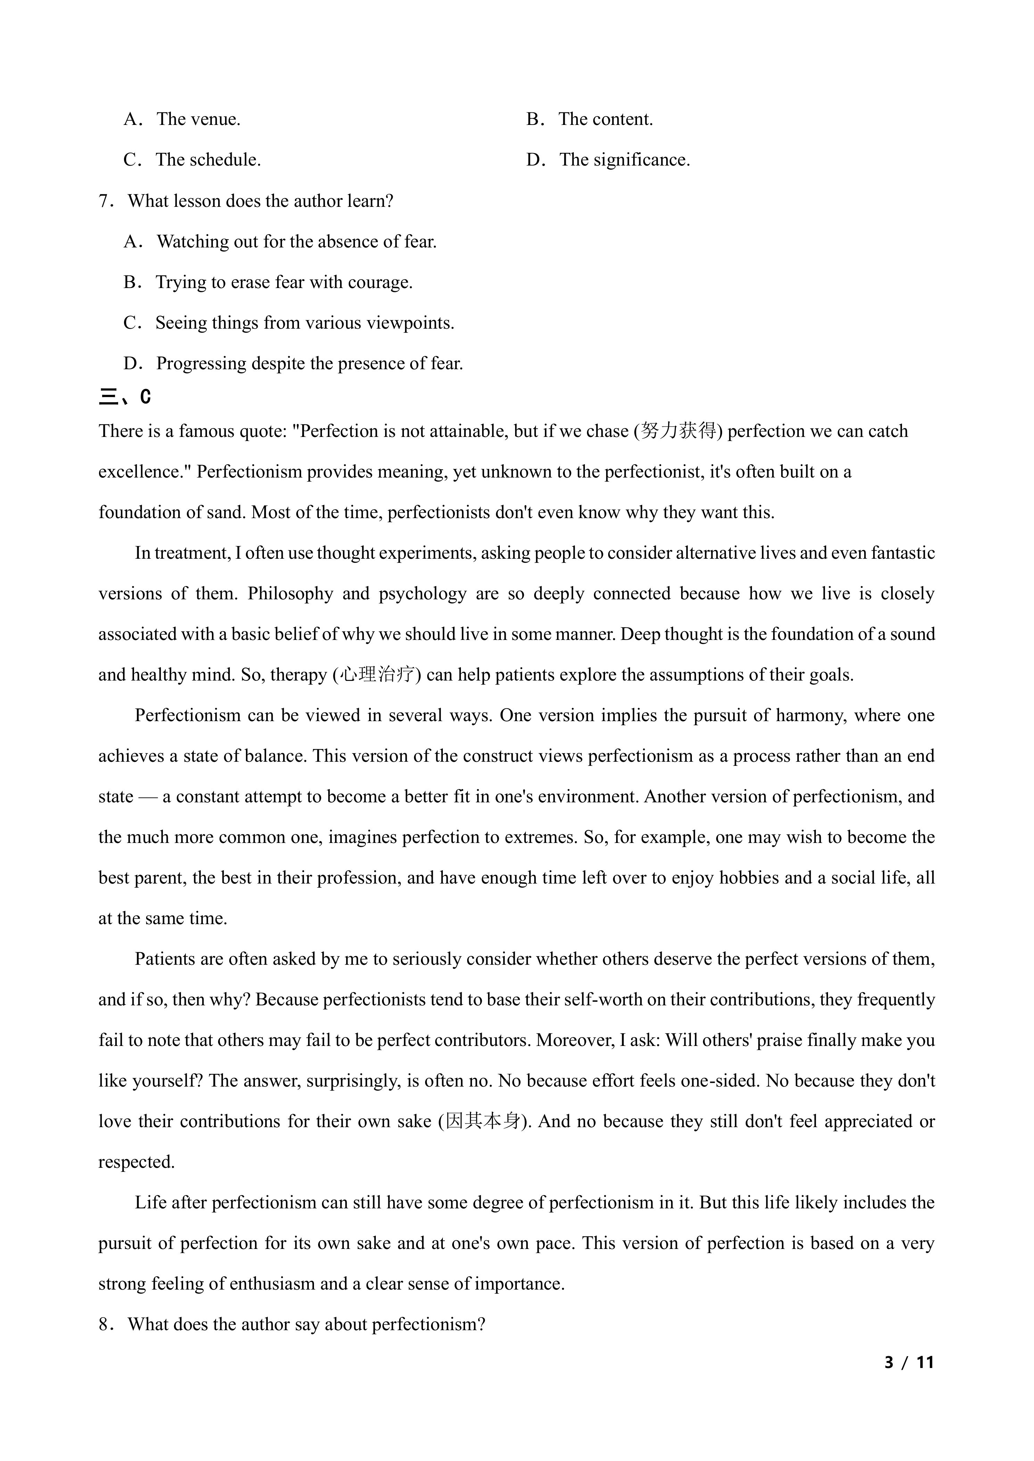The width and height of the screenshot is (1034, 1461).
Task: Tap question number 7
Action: point(105,201)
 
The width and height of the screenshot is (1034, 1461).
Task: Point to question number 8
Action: point(105,1324)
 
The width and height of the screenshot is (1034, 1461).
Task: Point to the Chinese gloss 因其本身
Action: point(483,1121)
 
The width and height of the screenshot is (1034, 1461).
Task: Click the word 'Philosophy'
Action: point(290,594)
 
